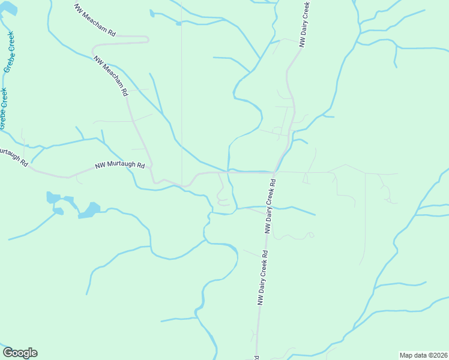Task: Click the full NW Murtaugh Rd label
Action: pyautogui.click(x=120, y=166)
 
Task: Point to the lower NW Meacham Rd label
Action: pyautogui.click(x=110, y=76)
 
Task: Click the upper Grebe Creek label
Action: pyautogui.click(x=11, y=53)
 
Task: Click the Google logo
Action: pyautogui.click(x=20, y=353)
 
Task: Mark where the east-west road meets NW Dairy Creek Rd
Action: pyautogui.click(x=274, y=173)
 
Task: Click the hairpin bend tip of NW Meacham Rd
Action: pyautogui.click(x=148, y=40)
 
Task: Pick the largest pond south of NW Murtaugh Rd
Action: pyautogui.click(x=89, y=211)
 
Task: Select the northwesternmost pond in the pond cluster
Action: pyautogui.click(x=53, y=197)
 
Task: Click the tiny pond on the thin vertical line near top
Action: pyautogui.click(x=178, y=24)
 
